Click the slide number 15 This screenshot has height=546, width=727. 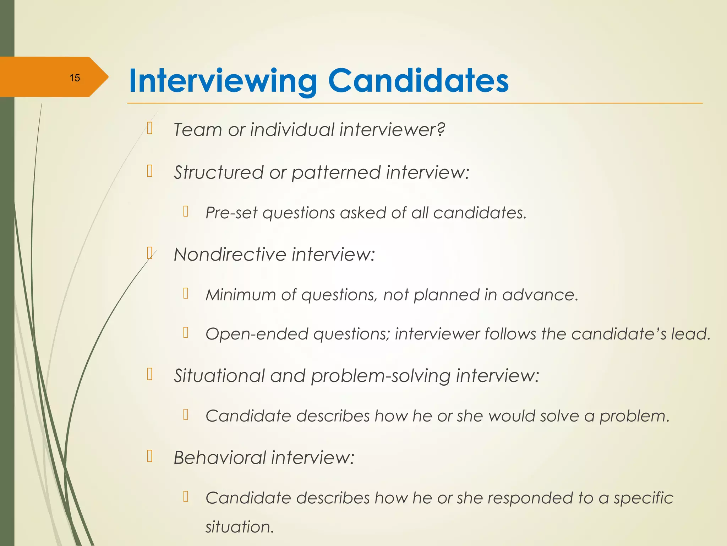[x=75, y=78]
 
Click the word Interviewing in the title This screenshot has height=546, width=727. [x=223, y=81]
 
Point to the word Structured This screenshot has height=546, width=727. [x=218, y=172]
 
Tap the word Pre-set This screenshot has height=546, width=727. [x=231, y=213]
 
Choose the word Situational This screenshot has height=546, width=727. [x=219, y=375]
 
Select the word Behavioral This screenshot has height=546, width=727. [x=220, y=457]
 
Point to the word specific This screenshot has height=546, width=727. [x=643, y=498]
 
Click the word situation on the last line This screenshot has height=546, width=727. [x=239, y=527]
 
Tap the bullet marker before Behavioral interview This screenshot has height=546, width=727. [x=150, y=456]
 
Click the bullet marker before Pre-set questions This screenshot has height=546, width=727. [x=186, y=212]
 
